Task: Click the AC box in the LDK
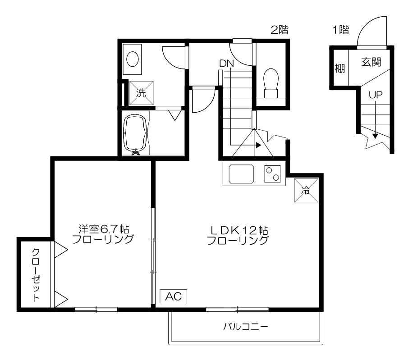coord(173,296)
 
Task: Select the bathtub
coord(136,133)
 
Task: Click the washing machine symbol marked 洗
coord(142,93)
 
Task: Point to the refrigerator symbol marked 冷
coord(306,191)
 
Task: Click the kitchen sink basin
coord(241,174)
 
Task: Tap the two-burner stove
coord(272,174)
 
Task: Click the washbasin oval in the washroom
coord(133,59)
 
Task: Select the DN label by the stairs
coord(226,64)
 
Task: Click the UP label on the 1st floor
coord(376,95)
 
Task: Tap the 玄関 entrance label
coord(371,62)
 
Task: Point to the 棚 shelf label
coord(340,68)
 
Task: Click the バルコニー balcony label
coord(246,327)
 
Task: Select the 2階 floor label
coord(280,30)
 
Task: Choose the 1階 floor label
coord(340,30)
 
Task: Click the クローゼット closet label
coord(36,274)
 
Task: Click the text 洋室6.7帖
coord(104,229)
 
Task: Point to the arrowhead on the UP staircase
coord(375,136)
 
